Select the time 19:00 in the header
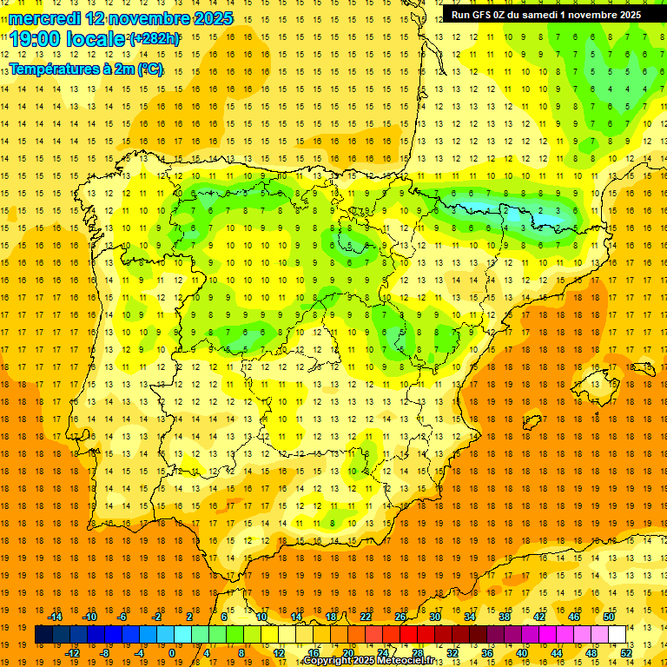(38, 39)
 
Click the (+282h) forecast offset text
(154, 39)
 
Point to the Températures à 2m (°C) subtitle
(86, 69)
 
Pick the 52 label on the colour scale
(627, 653)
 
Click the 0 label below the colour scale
(172, 653)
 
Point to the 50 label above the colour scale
(609, 617)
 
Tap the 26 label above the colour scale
(400, 617)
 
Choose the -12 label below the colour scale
(73, 653)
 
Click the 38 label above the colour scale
(505, 617)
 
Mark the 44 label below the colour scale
(558, 653)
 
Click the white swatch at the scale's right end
(617, 635)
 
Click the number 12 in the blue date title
(97, 18)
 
